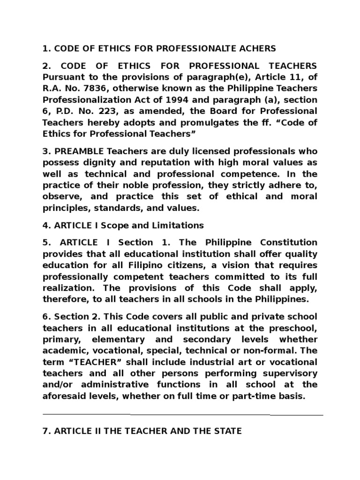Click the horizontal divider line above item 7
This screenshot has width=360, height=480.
point(183,415)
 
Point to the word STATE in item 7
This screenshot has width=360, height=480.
point(225,430)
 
